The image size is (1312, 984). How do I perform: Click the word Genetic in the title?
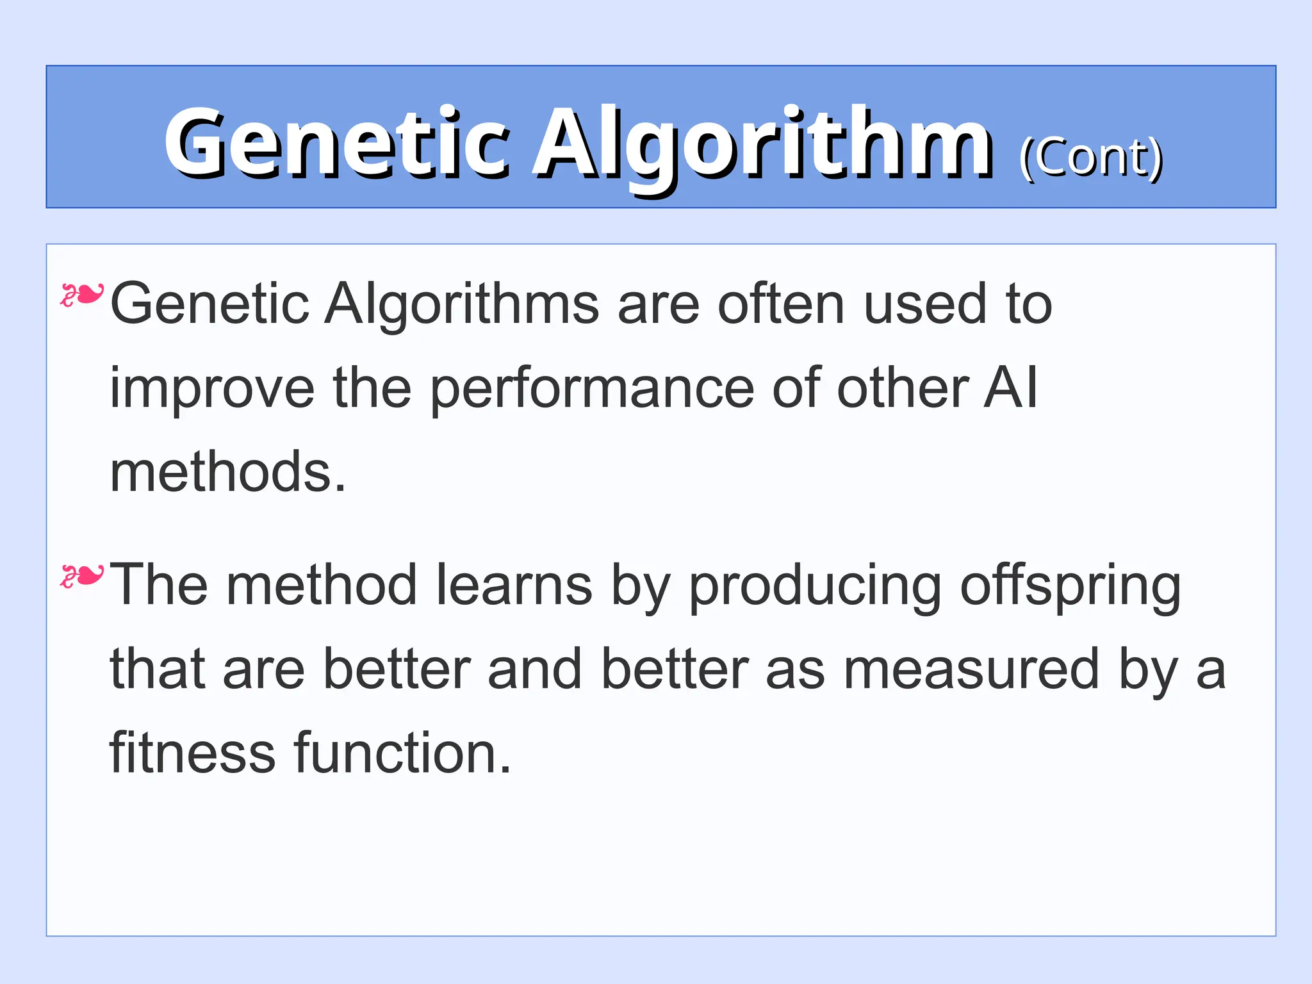[336, 142]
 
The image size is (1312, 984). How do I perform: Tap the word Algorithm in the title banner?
[762, 142]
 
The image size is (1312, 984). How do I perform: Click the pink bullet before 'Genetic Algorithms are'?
[81, 295]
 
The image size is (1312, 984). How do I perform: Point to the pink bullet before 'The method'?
[81, 576]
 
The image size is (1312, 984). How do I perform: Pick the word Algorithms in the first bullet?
[461, 304]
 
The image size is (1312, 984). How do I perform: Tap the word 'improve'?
[212, 388]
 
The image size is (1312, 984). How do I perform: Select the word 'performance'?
[591, 388]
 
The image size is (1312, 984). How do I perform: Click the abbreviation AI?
[1011, 388]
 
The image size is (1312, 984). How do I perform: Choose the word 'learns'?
[514, 585]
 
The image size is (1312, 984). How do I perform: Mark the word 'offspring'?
[1070, 585]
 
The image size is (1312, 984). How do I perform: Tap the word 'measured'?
[971, 669]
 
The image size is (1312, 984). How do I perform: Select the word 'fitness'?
[192, 753]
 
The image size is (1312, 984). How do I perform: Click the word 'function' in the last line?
[394, 753]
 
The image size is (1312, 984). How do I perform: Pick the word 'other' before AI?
[903, 388]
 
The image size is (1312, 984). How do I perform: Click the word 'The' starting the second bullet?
[159, 585]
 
